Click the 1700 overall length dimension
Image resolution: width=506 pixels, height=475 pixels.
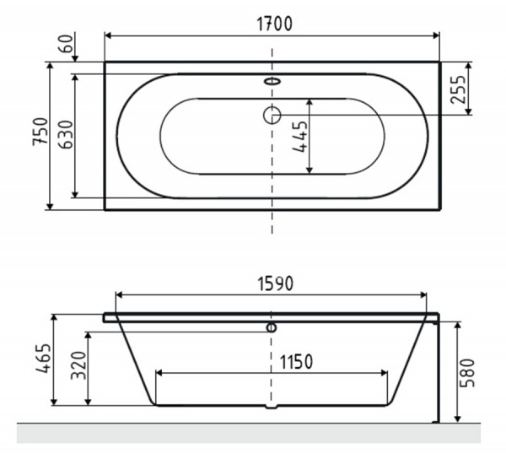pos(275,24)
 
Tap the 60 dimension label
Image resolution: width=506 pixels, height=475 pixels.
pos(67,44)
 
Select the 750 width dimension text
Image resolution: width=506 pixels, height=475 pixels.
pos(40,132)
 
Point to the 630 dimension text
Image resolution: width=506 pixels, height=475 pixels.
pos(67,134)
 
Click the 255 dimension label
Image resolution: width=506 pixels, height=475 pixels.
pos(458,89)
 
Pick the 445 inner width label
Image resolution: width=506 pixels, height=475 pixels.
pos(299,137)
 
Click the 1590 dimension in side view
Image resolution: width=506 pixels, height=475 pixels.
pos(275,283)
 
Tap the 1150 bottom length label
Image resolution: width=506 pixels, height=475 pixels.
pos(296,362)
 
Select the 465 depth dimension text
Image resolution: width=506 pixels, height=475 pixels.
pos(43,359)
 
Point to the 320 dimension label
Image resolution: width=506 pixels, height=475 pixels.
pos(78,365)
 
